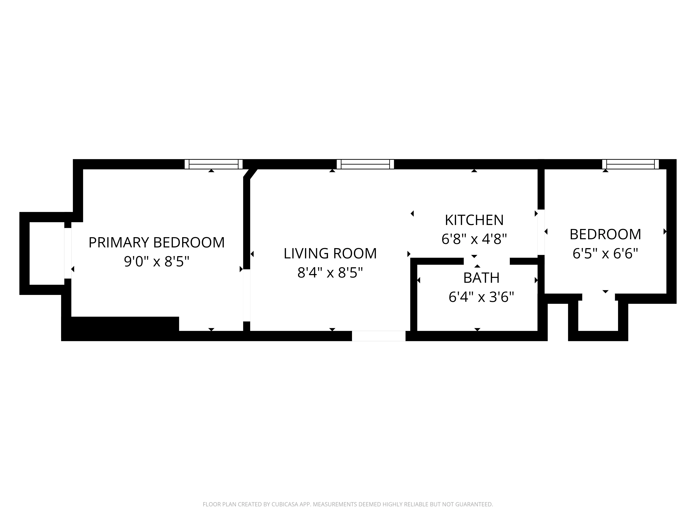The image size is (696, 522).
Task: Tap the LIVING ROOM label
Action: coord(330,254)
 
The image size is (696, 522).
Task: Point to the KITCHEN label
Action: coord(474,220)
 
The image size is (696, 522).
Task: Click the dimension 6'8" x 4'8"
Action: coord(474,239)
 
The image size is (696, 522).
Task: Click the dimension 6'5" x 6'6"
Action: coord(605,253)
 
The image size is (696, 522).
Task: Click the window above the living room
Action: coord(365,164)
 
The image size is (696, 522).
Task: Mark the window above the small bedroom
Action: coord(630,164)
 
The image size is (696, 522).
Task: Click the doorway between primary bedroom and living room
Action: coord(247,295)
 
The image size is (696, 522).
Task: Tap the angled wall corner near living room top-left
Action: coord(250,174)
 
